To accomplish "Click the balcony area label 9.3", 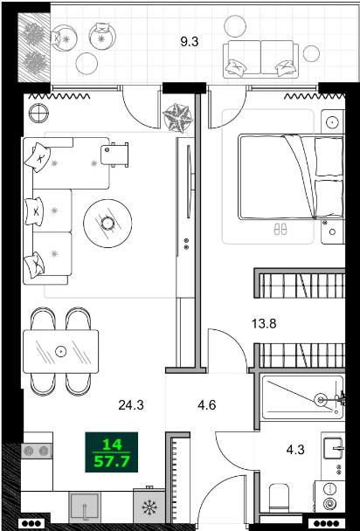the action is pyautogui.click(x=190, y=42).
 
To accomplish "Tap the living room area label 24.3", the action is pyautogui.click(x=131, y=404).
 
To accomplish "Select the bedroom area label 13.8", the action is pyautogui.click(x=264, y=324).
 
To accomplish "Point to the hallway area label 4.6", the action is pyautogui.click(x=207, y=404).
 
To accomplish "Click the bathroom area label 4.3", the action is pyautogui.click(x=295, y=450).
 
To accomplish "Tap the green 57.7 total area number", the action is pyautogui.click(x=112, y=462).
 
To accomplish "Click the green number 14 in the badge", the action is pyautogui.click(x=112, y=445).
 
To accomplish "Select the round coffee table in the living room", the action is pyautogui.click(x=107, y=224).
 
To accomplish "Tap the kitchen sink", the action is pyautogui.click(x=85, y=507).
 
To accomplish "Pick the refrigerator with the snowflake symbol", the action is pyautogui.click(x=149, y=506).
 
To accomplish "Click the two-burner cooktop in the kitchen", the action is pyautogui.click(x=37, y=451).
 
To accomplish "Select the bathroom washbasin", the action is pyautogui.click(x=334, y=448).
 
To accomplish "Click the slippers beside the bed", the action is pyautogui.click(x=280, y=230).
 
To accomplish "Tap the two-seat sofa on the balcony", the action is pyautogui.click(x=261, y=58).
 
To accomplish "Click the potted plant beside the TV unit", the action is pyautogui.click(x=177, y=118).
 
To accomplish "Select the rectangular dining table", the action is pyautogui.click(x=61, y=351).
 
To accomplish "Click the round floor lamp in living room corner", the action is pyautogui.click(x=39, y=113).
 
